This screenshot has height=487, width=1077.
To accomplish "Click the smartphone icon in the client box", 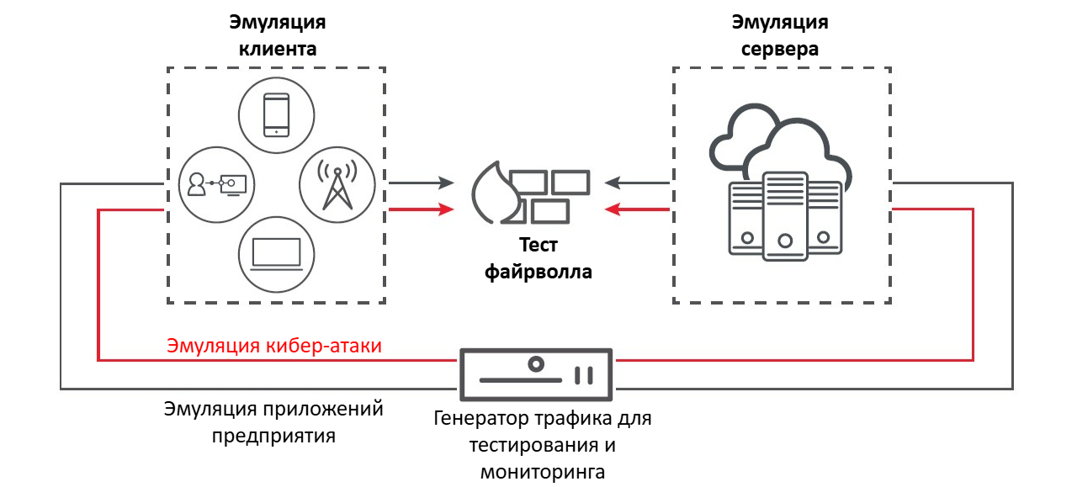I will coord(277,114).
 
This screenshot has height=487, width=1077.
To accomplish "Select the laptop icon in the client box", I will coord(277,253).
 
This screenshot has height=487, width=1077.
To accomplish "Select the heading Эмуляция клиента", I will coord(278,34).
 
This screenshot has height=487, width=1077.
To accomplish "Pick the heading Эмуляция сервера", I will coord(780,34).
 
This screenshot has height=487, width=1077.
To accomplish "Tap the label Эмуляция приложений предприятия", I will coord(273,422).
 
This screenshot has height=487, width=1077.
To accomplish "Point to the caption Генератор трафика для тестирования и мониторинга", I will coord(543,444).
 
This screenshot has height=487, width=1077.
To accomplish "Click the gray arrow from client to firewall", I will coord(422,182).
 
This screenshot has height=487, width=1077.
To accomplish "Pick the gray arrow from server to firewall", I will coord(637,182).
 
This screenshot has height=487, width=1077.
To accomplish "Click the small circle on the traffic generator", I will coord(535,364).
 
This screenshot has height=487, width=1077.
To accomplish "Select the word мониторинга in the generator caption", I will coord(543,471).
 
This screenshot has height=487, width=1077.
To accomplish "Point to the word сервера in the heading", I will coord(780,49).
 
